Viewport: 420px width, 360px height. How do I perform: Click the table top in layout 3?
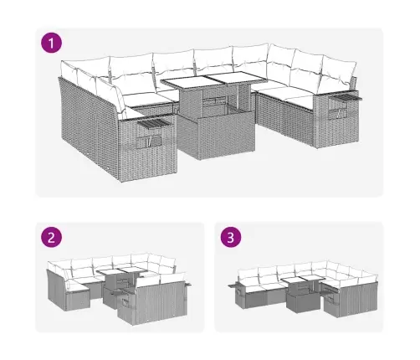(x=300, y=281)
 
